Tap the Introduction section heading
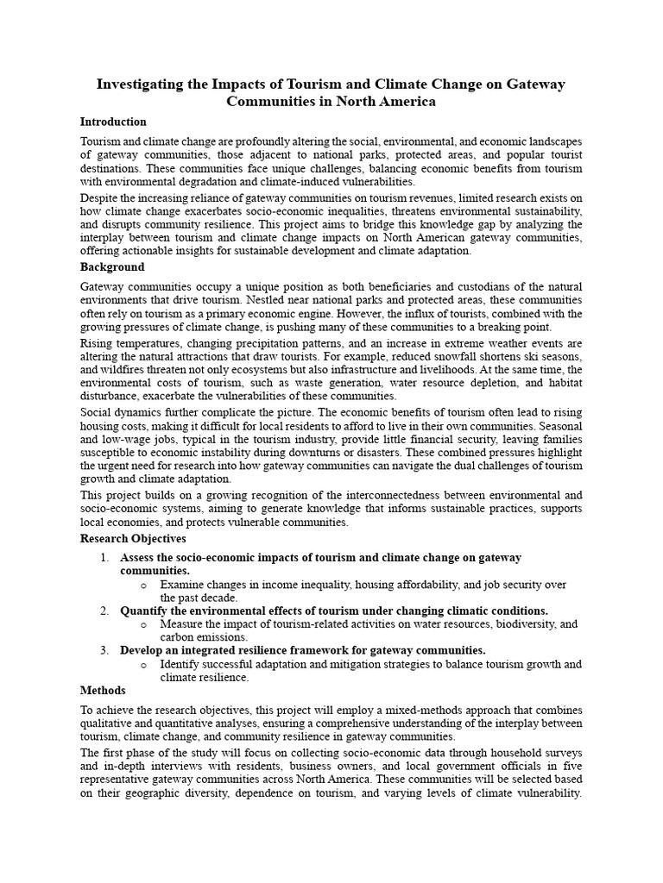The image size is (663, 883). click(x=113, y=122)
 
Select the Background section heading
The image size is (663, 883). click(x=112, y=267)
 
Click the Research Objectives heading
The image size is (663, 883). click(x=133, y=539)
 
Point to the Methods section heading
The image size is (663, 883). click(x=103, y=691)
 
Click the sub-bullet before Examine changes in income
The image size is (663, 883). click(x=143, y=585)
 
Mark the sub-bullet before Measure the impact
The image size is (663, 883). click(x=143, y=624)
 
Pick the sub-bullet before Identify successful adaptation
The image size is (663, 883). click(x=143, y=664)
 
